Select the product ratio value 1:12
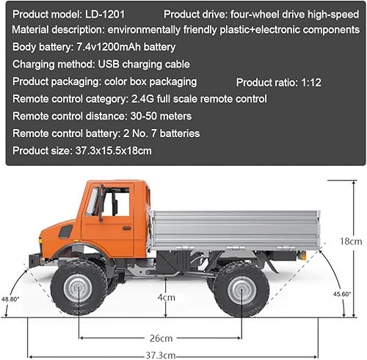[311, 83]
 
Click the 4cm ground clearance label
[167, 298]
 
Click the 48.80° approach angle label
[11, 299]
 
